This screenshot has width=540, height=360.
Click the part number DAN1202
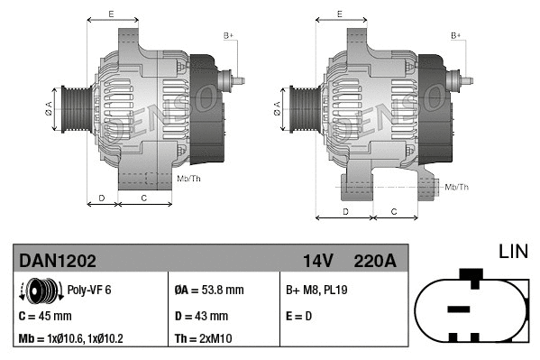[x=58, y=261]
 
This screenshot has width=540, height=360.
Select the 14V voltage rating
[x=317, y=261]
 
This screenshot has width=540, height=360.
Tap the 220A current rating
[x=374, y=261]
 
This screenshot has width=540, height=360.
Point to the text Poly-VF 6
[x=89, y=291]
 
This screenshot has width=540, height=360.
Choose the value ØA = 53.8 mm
[x=208, y=291]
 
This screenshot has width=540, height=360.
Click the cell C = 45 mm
[x=45, y=316]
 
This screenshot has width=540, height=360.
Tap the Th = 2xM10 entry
[x=204, y=339]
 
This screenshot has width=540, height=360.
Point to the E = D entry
[x=299, y=316]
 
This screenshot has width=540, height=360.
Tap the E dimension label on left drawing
[x=111, y=14]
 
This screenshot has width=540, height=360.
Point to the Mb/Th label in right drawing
[x=457, y=187]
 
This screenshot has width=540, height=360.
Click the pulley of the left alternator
[x=71, y=110]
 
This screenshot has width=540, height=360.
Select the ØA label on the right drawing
[x=276, y=110]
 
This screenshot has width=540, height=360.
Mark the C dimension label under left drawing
[x=144, y=197]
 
